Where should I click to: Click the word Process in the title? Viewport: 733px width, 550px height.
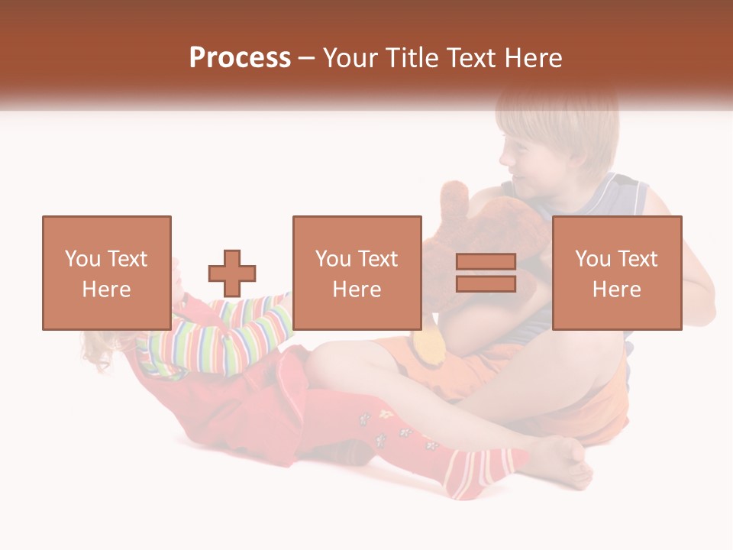pyautogui.click(x=240, y=58)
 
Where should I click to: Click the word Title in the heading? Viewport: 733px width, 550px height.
pyautogui.click(x=411, y=58)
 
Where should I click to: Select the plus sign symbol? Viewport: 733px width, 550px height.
pyautogui.click(x=232, y=273)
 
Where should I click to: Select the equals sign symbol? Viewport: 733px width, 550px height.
pyautogui.click(x=486, y=273)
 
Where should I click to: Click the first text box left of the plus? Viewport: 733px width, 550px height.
pyautogui.click(x=107, y=273)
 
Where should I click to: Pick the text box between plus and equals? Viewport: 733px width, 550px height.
pyautogui.click(x=357, y=273)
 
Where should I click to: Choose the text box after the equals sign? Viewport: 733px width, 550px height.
pyautogui.click(x=617, y=273)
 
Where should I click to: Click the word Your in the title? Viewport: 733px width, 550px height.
pyautogui.click(x=350, y=58)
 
